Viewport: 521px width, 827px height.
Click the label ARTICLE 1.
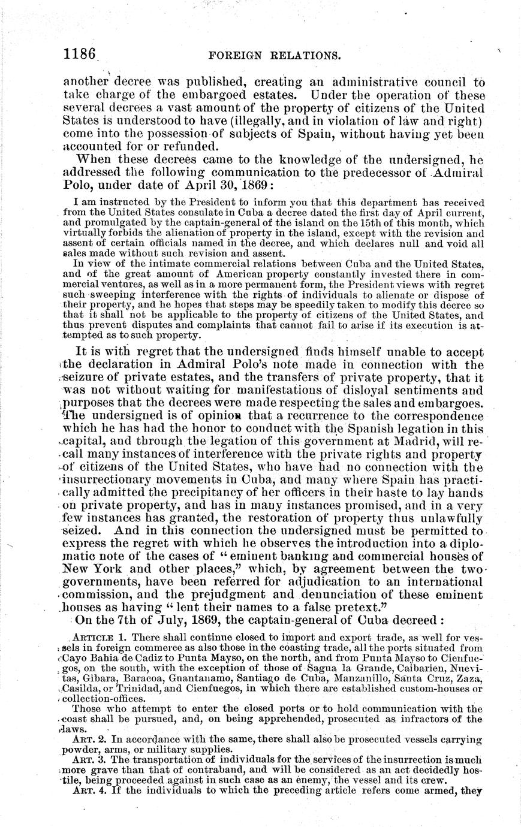point(95,650)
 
